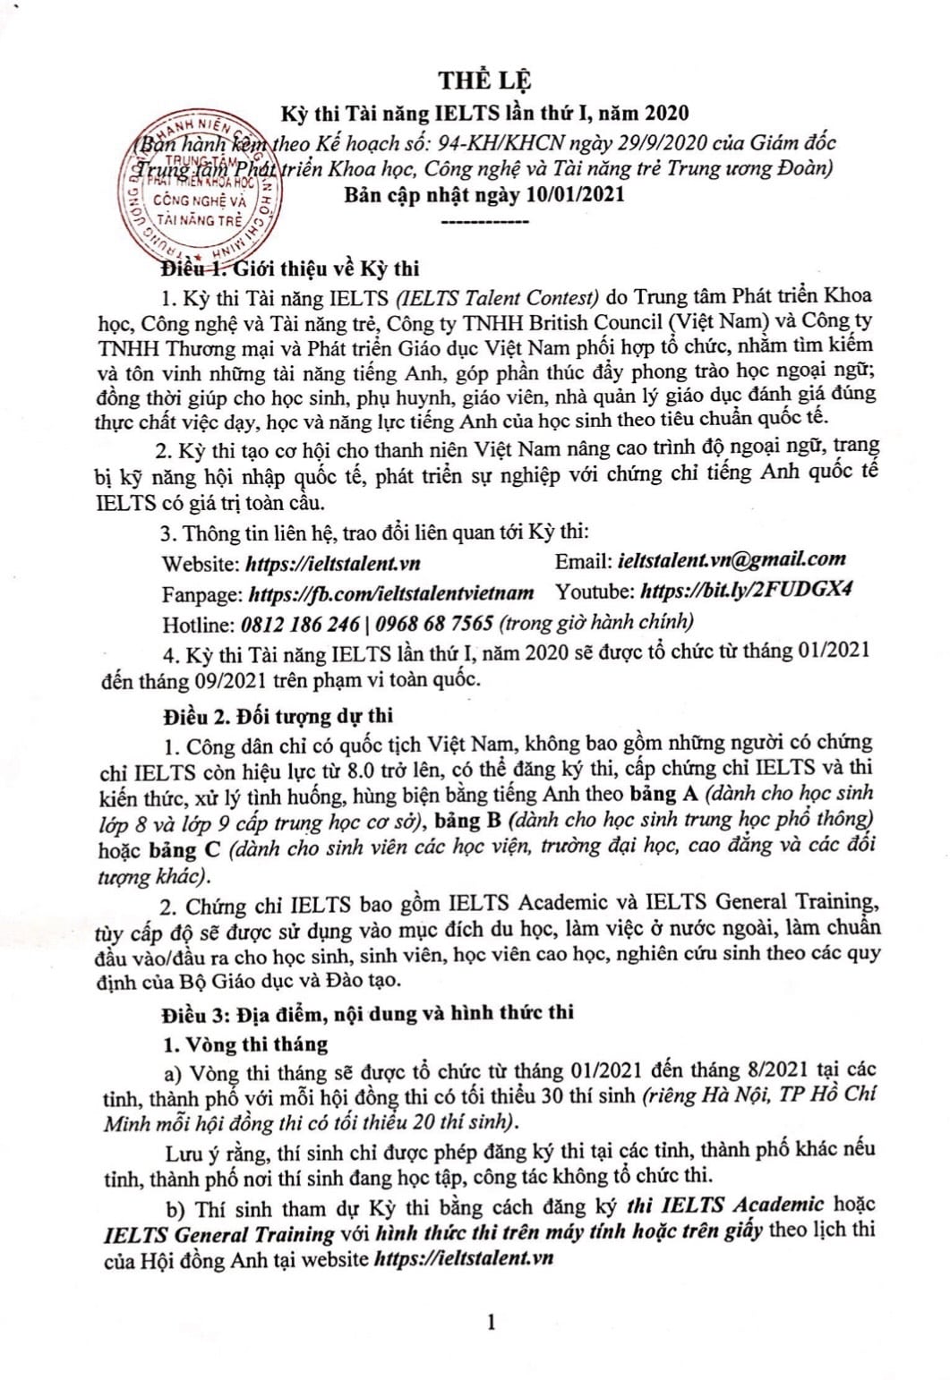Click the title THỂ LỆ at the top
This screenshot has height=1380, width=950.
(484, 80)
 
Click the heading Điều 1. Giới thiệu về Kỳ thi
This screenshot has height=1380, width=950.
(290, 268)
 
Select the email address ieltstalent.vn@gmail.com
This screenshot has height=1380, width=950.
(732, 559)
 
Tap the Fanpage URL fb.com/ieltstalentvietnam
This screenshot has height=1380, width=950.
(391, 592)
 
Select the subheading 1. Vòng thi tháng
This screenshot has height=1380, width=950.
(244, 1044)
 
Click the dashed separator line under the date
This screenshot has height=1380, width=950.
(485, 221)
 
